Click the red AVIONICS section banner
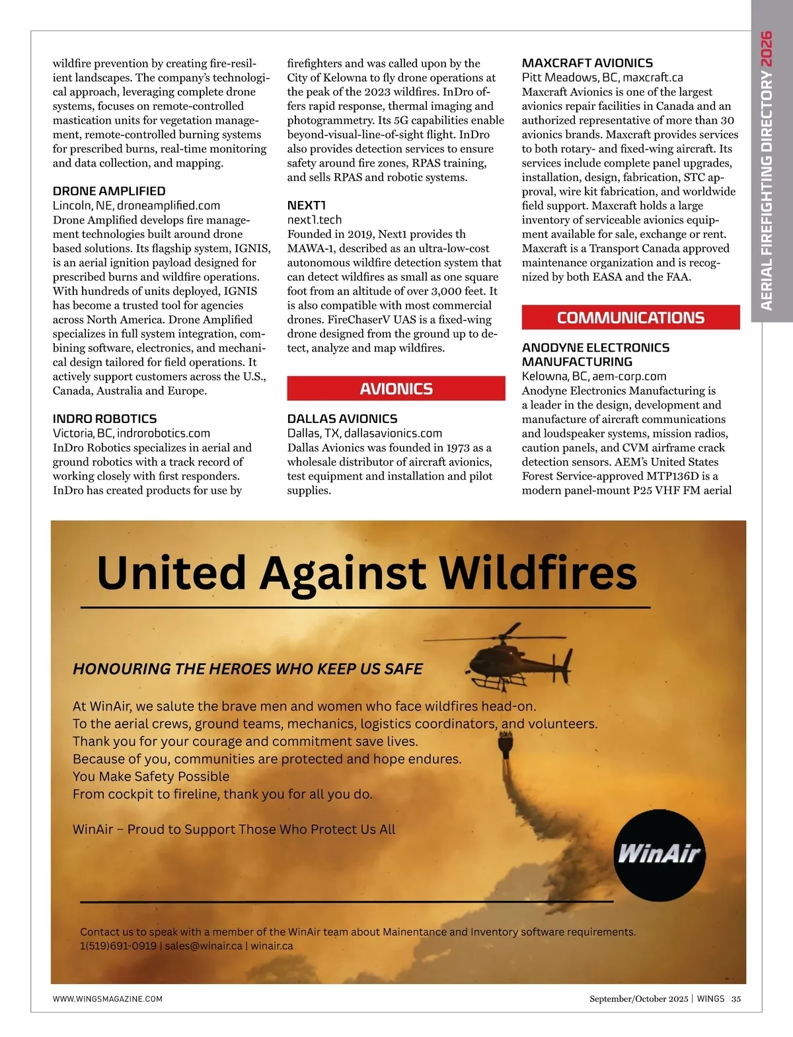coord(396,389)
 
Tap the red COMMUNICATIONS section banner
coord(630,317)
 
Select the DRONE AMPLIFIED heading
coord(109,191)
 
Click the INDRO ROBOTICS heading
coord(104,418)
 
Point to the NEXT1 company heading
coord(306,205)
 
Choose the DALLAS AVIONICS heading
coord(342,418)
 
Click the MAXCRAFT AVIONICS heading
coord(587,63)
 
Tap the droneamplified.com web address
coord(169,206)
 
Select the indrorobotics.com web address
coord(163,433)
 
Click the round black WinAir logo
coord(660,853)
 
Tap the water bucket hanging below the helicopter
coord(506,747)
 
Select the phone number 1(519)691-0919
coord(118,946)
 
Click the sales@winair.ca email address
coord(204,946)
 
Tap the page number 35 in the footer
coord(736,999)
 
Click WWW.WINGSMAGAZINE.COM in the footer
coord(107,999)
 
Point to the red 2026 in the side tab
coord(767,48)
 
